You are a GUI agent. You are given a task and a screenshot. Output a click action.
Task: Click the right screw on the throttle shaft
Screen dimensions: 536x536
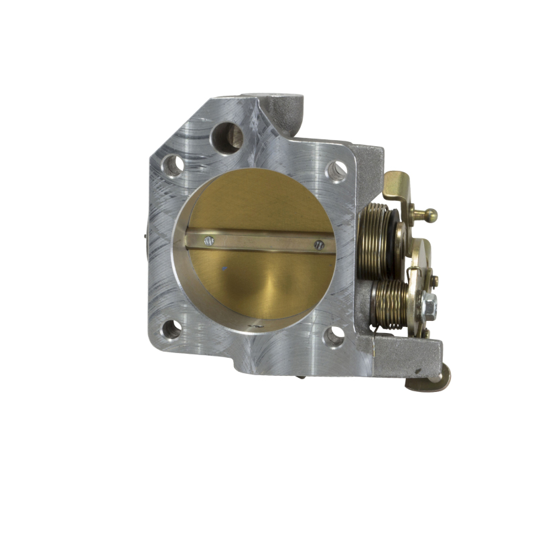click(318, 245)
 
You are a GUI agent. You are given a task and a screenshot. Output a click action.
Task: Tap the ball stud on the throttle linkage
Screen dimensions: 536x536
click(429, 215)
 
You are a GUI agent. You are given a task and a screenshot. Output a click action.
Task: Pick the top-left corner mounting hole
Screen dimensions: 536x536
click(173, 163)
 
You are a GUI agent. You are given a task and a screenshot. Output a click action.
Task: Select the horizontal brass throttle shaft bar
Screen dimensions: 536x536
click(261, 242)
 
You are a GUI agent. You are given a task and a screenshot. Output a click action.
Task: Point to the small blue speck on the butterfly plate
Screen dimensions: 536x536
click(224, 269)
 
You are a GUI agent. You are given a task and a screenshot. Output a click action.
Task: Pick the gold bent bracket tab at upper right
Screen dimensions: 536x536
click(397, 184)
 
